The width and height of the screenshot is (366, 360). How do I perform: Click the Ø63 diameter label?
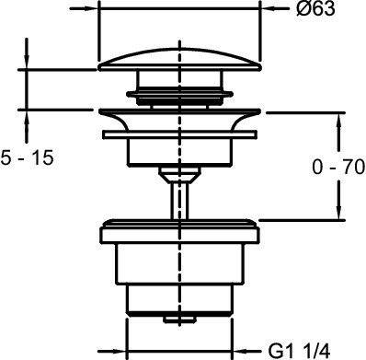tap(315, 9)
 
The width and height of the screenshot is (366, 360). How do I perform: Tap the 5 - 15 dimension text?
tap(27, 158)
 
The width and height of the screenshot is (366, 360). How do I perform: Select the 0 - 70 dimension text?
tap(338, 168)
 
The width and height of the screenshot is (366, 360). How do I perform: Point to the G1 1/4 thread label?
tap(299, 350)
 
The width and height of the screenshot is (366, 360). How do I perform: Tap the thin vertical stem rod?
tap(180, 201)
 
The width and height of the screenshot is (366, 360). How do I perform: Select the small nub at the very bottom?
tap(180, 319)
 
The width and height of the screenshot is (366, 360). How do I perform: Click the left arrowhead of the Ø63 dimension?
tap(91, 8)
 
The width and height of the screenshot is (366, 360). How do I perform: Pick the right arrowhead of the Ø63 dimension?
tap(268, 9)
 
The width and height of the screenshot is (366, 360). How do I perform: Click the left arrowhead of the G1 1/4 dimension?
tap(119, 351)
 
